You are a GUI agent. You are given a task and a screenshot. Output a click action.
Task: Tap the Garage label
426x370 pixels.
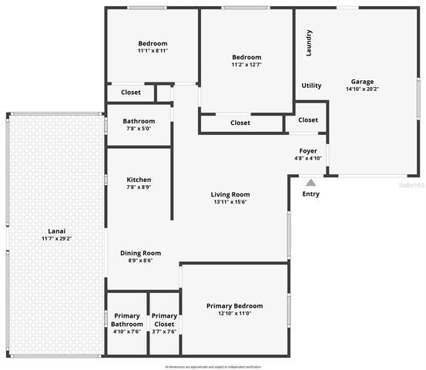coord(362,81)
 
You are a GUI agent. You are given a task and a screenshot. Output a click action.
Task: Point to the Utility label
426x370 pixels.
coord(312,86)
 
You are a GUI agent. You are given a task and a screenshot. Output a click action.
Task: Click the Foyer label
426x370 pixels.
coord(308,151)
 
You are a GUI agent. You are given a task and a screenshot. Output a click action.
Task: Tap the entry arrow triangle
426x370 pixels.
coord(310,183)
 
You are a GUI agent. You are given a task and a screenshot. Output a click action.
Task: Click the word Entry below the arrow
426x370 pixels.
coord(310,194)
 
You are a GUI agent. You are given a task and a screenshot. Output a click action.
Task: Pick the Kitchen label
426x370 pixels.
coord(139,180)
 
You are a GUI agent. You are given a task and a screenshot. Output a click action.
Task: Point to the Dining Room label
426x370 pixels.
coord(140,253)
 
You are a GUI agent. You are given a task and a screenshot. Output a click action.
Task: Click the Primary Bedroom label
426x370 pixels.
coord(234,306)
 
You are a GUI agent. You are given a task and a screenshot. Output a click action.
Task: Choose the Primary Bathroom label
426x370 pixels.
coord(127,320)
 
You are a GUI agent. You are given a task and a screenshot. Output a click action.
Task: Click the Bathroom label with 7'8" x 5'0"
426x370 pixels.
coord(139,121)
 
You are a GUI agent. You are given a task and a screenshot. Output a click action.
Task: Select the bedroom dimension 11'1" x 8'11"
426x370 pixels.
coord(153,51)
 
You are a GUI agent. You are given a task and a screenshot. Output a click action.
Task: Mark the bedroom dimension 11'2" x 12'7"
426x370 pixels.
coord(247,65)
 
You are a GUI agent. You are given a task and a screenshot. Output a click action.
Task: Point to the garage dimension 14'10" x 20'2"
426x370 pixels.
coord(362,89)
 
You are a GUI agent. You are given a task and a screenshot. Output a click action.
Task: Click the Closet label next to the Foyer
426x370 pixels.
coord(308,119)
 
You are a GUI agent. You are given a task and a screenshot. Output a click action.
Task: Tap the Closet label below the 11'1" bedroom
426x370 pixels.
coord(131,92)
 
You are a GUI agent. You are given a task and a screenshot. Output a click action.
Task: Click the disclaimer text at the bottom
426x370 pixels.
coord(213,365)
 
